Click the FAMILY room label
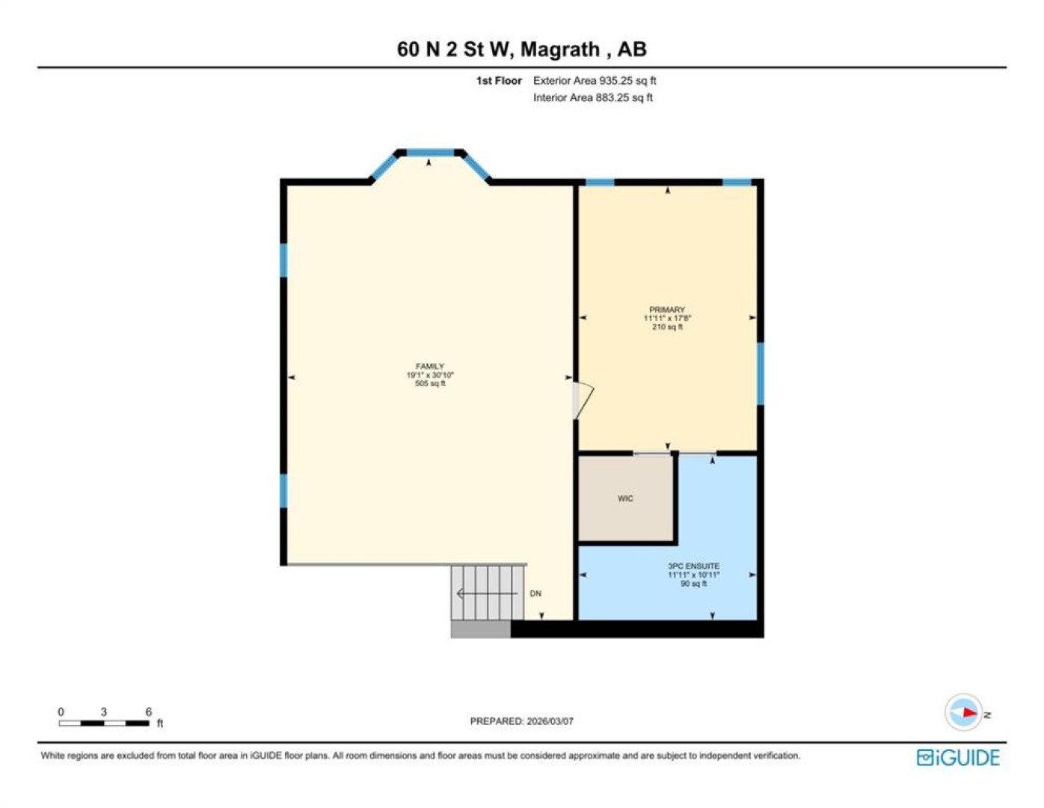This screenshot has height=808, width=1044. click(429, 366)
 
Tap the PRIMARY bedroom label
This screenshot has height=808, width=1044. click(667, 310)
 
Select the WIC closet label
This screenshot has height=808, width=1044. click(625, 498)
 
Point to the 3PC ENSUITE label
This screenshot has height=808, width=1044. click(693, 566)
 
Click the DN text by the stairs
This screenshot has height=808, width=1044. click(535, 593)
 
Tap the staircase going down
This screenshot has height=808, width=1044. click(488, 593)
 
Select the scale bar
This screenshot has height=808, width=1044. click(104, 723)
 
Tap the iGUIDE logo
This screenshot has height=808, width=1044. click(958, 758)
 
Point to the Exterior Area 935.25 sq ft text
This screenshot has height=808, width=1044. click(595, 81)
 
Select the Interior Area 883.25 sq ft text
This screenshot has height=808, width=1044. click(593, 97)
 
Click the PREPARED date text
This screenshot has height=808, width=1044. click(521, 721)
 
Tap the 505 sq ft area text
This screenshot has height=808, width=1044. click(430, 383)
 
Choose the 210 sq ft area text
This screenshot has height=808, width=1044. click(667, 327)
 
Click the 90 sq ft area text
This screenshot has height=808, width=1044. click(693, 584)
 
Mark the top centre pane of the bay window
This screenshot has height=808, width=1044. click(431, 153)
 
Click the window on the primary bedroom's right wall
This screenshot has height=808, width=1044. click(761, 373)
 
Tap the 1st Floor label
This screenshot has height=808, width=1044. click(499, 81)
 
